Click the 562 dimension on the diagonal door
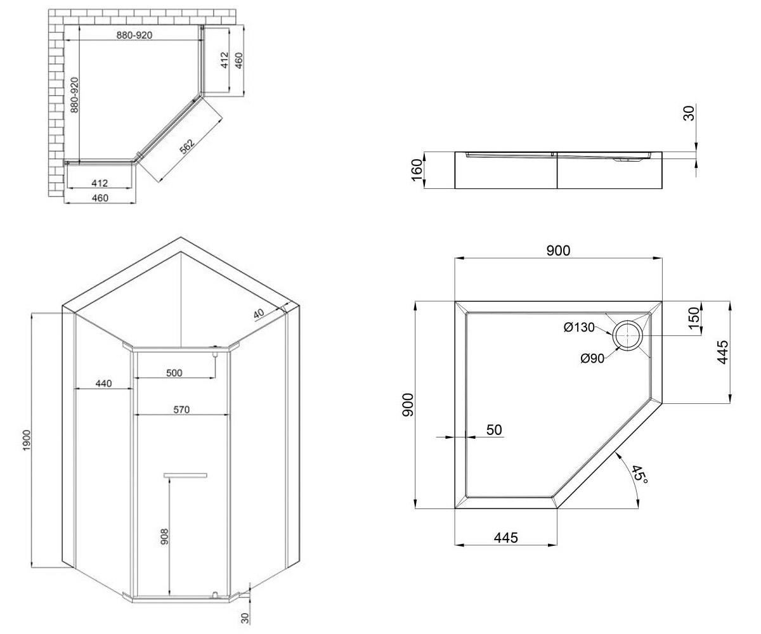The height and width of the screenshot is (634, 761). (187, 146)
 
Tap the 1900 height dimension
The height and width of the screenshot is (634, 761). (27, 440)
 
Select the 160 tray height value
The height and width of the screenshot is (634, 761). (416, 170)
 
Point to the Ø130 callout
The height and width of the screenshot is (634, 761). (579, 327)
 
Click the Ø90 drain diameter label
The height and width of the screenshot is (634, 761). (592, 359)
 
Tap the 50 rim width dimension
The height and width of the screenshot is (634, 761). (494, 430)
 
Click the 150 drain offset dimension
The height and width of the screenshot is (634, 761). (694, 318)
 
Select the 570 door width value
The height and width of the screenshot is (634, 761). (181, 410)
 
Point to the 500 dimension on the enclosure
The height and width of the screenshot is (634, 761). (174, 373)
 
